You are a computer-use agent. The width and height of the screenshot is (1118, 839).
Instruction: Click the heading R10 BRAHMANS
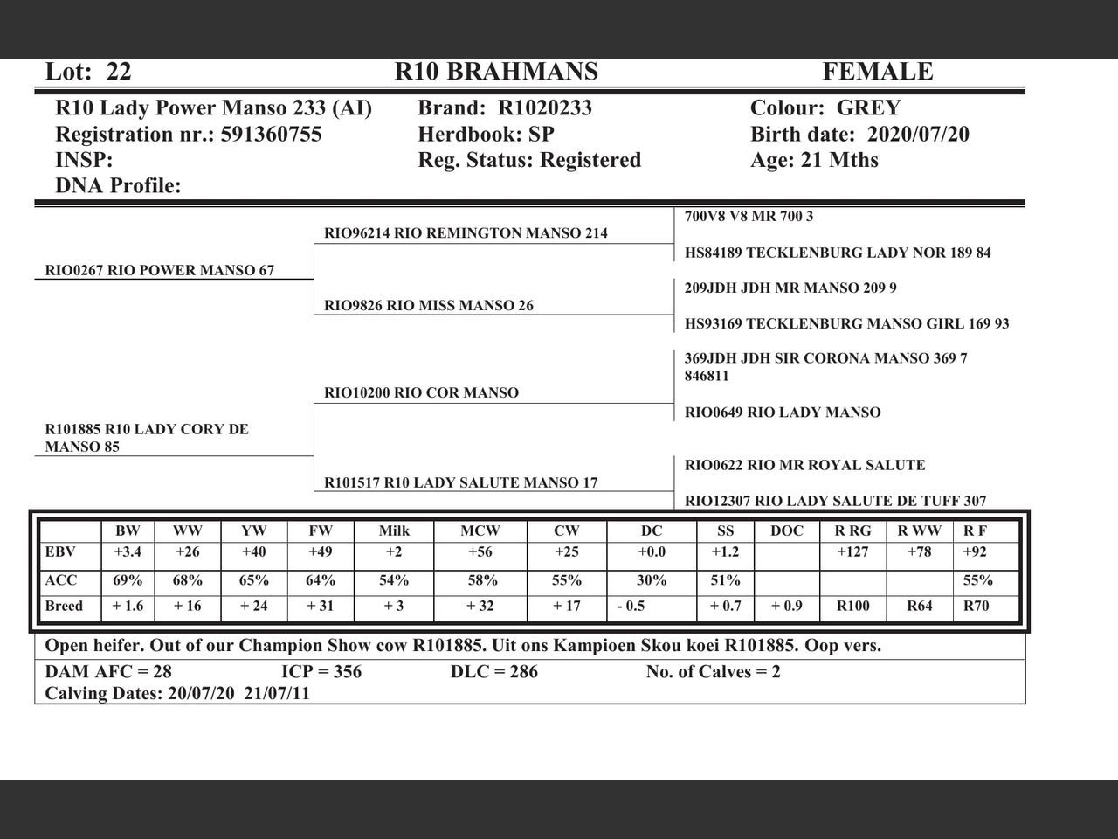click(496, 72)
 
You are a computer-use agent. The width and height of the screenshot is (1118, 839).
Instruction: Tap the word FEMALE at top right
click(877, 72)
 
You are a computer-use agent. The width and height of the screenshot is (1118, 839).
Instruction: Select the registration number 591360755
click(271, 135)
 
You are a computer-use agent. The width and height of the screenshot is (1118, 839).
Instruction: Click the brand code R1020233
click(545, 108)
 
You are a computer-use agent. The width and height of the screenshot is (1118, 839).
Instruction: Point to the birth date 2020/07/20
click(918, 135)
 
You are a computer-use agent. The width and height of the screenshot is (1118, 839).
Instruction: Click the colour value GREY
click(868, 108)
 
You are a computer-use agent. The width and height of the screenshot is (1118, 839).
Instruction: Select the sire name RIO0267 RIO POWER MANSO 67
click(160, 271)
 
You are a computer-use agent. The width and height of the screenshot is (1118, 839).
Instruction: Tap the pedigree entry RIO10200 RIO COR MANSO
click(421, 393)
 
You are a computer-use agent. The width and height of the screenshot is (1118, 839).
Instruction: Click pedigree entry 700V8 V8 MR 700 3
click(749, 217)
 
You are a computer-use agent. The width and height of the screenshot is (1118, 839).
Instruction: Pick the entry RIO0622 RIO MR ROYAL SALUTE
click(804, 466)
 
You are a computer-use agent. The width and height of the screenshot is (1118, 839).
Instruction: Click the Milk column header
click(394, 530)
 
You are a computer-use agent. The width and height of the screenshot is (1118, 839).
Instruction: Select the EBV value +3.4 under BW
click(128, 552)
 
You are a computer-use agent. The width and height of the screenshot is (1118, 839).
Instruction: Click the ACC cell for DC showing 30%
click(652, 580)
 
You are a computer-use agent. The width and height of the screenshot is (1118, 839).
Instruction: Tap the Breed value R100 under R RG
click(852, 607)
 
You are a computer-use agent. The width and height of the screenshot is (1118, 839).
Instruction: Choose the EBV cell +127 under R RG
click(852, 552)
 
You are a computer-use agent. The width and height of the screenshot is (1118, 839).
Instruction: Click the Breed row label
click(64, 607)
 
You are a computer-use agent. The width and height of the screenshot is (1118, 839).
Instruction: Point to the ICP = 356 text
click(321, 672)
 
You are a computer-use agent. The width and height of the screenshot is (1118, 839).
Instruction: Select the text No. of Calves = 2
click(713, 672)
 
